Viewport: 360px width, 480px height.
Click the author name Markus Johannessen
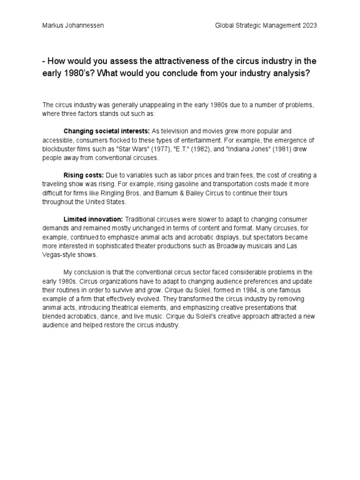point(73,25)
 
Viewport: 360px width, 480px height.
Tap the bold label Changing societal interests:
point(106,131)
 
